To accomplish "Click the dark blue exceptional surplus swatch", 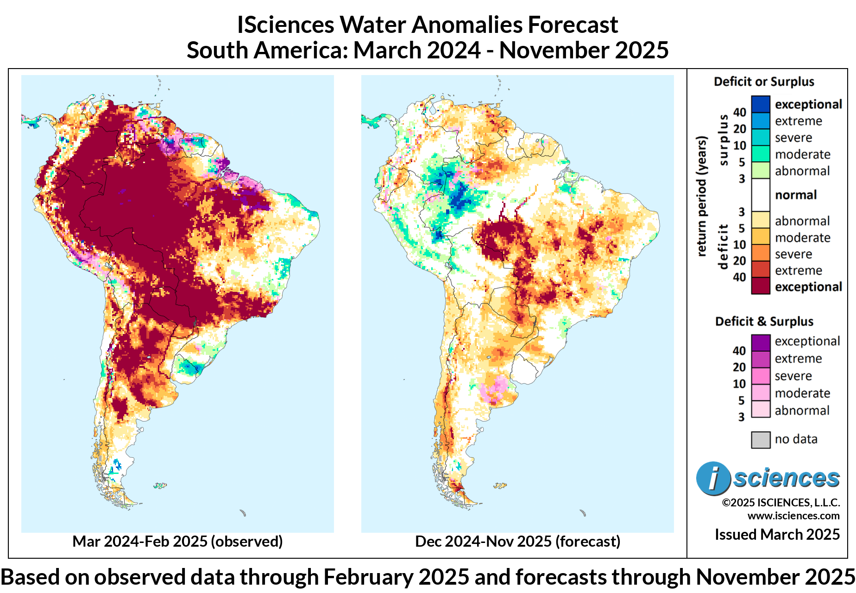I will [760, 104].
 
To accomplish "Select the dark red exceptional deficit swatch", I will [760, 286].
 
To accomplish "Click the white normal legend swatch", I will [760, 195].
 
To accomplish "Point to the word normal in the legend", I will [796, 195].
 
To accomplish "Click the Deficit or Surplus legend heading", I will [764, 82].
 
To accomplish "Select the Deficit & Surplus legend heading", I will [764, 322].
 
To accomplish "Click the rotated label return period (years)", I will [702, 196].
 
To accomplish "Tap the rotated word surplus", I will [723, 140].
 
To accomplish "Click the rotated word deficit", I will [723, 246].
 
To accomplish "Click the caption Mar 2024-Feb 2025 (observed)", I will [177, 541].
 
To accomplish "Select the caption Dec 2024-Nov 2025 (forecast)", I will [517, 541].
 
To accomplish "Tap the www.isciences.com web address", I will [793, 516].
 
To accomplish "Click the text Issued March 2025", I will [777, 535].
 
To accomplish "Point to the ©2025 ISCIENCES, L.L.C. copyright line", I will [780, 503].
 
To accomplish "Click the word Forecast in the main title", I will [573, 25].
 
